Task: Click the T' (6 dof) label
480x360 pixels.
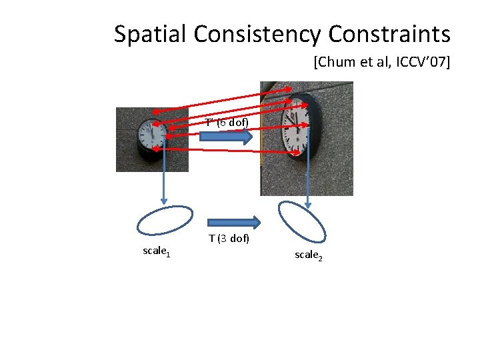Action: [x=227, y=123]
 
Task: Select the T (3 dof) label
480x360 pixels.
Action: [x=229, y=238]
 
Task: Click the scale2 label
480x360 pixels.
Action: [x=309, y=255]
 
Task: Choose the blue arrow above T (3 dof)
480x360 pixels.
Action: [x=233, y=222]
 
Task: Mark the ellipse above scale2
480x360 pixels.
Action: [x=302, y=221]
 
